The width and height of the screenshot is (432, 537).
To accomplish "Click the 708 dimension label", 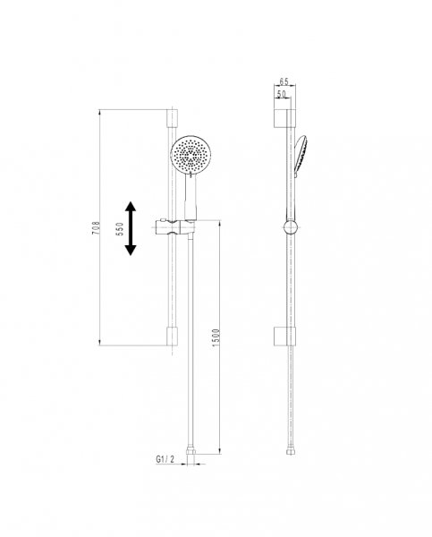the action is click(97, 227).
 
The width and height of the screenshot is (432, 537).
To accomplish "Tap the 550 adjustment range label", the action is click(120, 228).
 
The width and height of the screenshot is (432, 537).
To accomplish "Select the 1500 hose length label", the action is click(216, 337).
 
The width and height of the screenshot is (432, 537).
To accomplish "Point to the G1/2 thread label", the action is click(165, 459).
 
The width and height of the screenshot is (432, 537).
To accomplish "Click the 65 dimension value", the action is click(284, 81).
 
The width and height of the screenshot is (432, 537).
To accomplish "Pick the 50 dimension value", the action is click(282, 94).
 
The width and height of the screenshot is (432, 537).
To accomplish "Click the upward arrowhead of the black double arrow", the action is click(130, 207).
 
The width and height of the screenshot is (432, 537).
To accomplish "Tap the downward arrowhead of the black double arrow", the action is click(130, 251).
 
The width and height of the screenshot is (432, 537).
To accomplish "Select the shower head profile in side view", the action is click(300, 156).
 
